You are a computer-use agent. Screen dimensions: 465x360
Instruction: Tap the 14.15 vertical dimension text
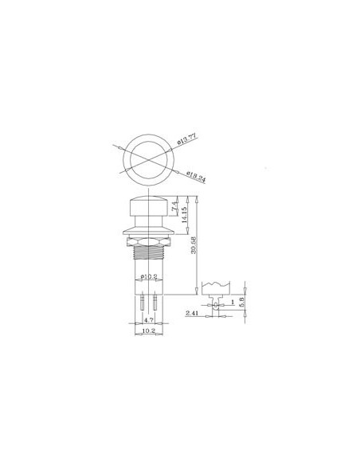pos(185,215)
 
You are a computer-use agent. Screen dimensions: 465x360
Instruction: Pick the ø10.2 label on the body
pos(148,277)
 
